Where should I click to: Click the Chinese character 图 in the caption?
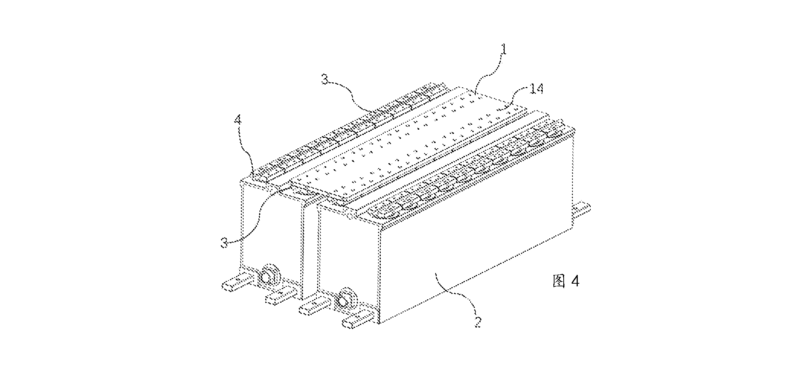tap(559, 282)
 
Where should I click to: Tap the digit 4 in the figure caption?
tap(575, 282)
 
